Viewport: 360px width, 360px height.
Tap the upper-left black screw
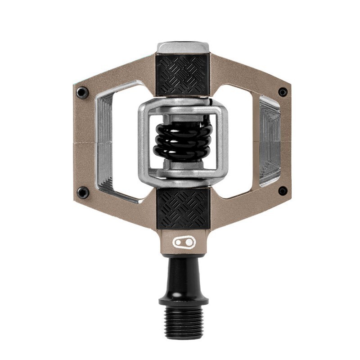(81, 93)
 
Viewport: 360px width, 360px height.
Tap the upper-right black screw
(283, 92)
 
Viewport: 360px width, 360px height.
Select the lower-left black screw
(82, 193)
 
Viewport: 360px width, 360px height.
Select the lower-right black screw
(283, 191)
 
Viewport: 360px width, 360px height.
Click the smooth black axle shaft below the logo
(182, 274)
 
